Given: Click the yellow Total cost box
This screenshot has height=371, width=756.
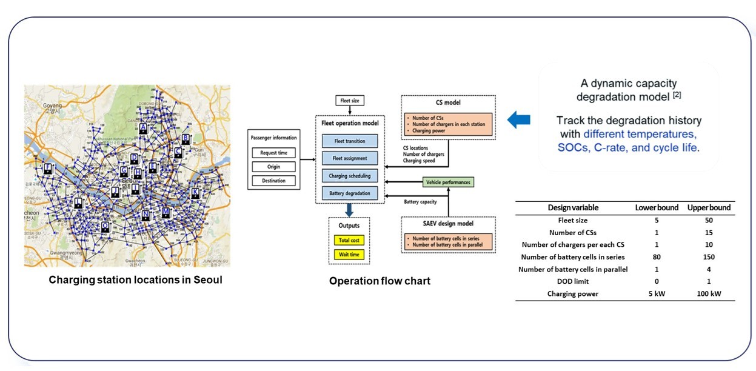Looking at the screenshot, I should [x=349, y=241].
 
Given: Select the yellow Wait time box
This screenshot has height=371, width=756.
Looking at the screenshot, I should [x=349, y=255].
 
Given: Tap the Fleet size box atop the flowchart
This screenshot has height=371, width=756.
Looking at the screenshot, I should [x=349, y=100].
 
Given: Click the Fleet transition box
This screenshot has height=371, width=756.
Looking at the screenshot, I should [x=349, y=141].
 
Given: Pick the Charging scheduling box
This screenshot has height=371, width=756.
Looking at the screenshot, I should [x=349, y=176].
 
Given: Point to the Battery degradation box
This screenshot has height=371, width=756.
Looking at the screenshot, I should [x=349, y=193].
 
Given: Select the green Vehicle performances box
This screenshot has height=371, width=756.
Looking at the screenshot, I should [x=447, y=182].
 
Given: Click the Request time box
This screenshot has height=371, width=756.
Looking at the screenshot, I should [x=274, y=153].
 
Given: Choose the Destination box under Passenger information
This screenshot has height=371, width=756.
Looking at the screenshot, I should [x=274, y=181].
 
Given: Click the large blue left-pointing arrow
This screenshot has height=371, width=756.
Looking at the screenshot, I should [x=518, y=120].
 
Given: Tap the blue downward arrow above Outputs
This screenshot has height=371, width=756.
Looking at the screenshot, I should [x=349, y=210].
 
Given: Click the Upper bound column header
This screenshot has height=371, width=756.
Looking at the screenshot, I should [x=709, y=207].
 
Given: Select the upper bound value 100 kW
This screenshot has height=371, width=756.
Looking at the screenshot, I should [x=709, y=294].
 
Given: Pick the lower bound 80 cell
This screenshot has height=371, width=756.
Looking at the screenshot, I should [x=657, y=257].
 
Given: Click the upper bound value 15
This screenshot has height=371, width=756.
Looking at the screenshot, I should [x=709, y=232].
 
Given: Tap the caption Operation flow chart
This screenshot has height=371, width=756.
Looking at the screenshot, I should [x=380, y=281].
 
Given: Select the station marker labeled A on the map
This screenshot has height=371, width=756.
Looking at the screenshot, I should [x=143, y=129].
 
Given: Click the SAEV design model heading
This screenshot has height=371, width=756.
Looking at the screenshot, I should [x=448, y=224].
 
